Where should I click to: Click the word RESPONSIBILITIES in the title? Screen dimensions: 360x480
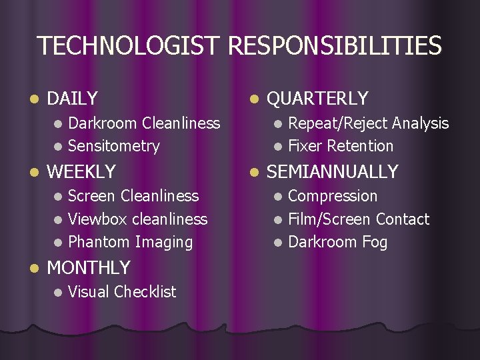pyautogui.click(x=335, y=46)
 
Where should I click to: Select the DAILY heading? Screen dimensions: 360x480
pyautogui.click(x=73, y=99)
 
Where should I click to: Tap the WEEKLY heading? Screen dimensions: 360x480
pyautogui.click(x=81, y=171)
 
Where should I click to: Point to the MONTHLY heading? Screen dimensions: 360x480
pyautogui.click(x=89, y=268)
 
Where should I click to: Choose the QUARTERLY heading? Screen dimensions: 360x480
pyautogui.click(x=317, y=99)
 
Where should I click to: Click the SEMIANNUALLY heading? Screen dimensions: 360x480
pyautogui.click(x=332, y=171)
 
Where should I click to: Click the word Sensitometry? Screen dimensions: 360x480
pyautogui.click(x=114, y=146)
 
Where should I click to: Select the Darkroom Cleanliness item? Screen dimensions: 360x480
pyautogui.click(x=144, y=123)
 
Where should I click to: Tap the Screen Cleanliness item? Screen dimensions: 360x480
pyautogui.click(x=133, y=196)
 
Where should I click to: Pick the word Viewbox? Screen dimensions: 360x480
pyautogui.click(x=98, y=219)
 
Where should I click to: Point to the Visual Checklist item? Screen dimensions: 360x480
pyautogui.click(x=122, y=292)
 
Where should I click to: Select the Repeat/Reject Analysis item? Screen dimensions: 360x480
pyautogui.click(x=368, y=123)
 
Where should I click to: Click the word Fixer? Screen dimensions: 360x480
pyautogui.click(x=305, y=146)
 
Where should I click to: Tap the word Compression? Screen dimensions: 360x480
pyautogui.click(x=333, y=196)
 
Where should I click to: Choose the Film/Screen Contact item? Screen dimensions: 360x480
pyautogui.click(x=359, y=219)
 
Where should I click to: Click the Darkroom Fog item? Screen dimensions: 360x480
pyautogui.click(x=337, y=243)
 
